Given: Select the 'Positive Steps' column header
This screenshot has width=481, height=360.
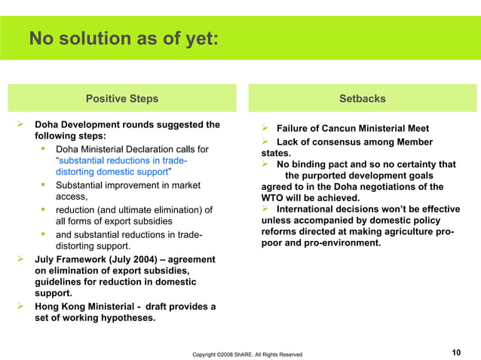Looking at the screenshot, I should coord(122,99).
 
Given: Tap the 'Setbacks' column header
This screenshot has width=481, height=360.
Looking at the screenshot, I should coord(362,99).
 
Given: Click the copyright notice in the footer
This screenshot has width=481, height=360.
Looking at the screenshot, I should coord(247,354).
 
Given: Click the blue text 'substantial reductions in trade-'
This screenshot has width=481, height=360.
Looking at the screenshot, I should coord(123,161).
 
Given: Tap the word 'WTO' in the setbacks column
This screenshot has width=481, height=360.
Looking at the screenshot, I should coord(271,198).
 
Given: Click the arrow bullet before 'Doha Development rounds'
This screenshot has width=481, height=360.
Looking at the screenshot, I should coord(22,124).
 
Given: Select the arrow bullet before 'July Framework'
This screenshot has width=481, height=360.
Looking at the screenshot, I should coord(22,259).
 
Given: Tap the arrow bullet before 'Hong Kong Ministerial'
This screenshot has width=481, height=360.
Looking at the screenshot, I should coord(22,306).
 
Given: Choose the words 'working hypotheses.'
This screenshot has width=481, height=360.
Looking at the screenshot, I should coord(110,318).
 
